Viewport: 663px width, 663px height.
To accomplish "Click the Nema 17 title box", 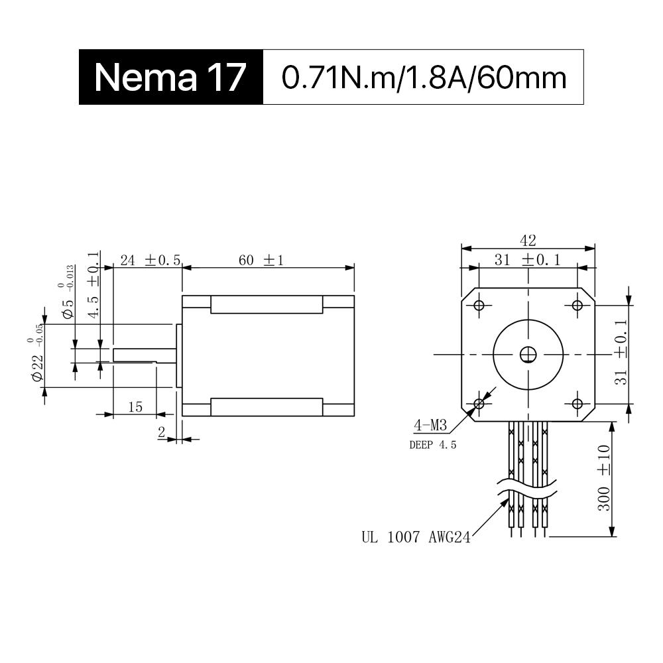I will point(170,77).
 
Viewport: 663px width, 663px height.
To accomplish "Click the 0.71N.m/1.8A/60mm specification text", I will point(424,78).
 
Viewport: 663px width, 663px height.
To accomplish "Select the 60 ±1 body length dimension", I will point(261,260).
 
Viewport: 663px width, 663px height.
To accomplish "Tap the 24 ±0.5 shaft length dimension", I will point(150,260).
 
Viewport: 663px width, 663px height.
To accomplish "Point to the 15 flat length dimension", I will point(135,406).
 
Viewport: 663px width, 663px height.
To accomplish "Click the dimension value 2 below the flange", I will point(161,432).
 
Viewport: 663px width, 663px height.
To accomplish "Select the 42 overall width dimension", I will point(528,240).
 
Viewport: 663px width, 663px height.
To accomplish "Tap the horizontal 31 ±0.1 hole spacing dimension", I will point(528,260).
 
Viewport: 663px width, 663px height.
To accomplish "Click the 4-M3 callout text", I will point(428,424).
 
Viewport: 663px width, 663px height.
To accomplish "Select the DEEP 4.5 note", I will point(433,445).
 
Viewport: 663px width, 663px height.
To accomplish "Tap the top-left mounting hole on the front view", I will point(479,305).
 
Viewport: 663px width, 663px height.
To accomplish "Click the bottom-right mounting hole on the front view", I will point(577,403).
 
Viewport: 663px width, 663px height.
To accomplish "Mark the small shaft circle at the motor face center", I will point(528,355).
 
